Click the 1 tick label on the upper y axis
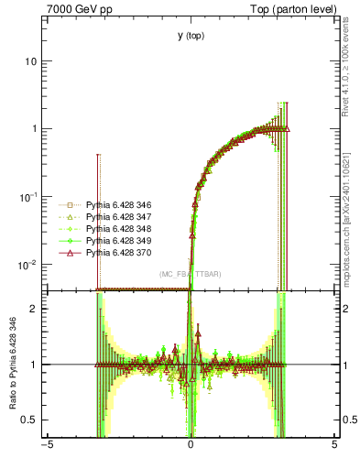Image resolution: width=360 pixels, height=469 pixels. click(x=38, y=128)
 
